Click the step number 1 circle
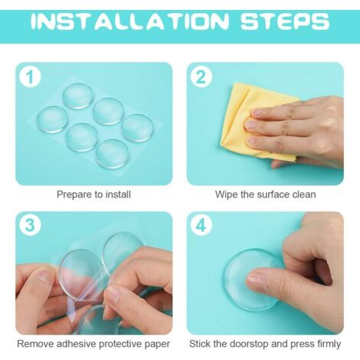pyautogui.click(x=30, y=77)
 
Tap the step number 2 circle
pyautogui.click(x=201, y=77)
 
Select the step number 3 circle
pyautogui.click(x=30, y=226)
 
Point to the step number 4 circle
pyautogui.click(x=201, y=226)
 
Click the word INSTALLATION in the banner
pyautogui.click(x=129, y=21)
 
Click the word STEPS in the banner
pyautogui.click(x=285, y=21)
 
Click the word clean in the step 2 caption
pyautogui.click(x=304, y=195)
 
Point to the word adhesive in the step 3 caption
pyautogui.click(x=76, y=344)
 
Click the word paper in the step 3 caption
pyautogui.click(x=157, y=344)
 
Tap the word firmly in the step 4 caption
pyautogui.click(x=329, y=344)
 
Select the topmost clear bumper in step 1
pyautogui.click(x=77, y=96)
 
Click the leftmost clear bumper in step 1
pyautogui.click(x=52, y=119)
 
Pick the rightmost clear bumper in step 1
pyautogui.click(x=138, y=128)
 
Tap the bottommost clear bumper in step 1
pyautogui.click(x=112, y=154)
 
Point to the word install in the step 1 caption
pyautogui.click(x=118, y=195)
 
